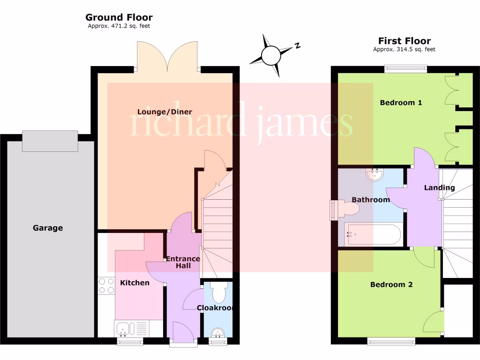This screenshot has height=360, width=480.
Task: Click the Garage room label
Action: click(48, 228)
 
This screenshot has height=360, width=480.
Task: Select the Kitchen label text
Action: click(135, 283)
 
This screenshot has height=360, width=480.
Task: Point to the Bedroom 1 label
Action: click(401, 103)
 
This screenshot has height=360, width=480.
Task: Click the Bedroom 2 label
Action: click(391, 285)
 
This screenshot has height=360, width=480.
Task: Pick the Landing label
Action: click(439, 188)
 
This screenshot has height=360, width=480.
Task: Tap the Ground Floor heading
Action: click(119, 18)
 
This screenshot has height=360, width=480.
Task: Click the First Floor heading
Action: click(405, 41)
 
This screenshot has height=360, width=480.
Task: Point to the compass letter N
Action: click(297, 45)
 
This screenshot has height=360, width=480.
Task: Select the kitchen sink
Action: click(124, 328)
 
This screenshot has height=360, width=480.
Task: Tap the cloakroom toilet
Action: click(218, 293)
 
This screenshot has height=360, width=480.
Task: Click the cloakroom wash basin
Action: click(217, 333)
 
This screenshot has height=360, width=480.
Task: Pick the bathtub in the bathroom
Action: click(373, 234)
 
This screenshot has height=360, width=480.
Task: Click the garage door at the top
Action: click(50, 141)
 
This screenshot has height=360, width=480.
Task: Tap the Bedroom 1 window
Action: click(406, 69)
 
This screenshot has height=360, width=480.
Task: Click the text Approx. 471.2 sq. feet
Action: click(119, 26)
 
